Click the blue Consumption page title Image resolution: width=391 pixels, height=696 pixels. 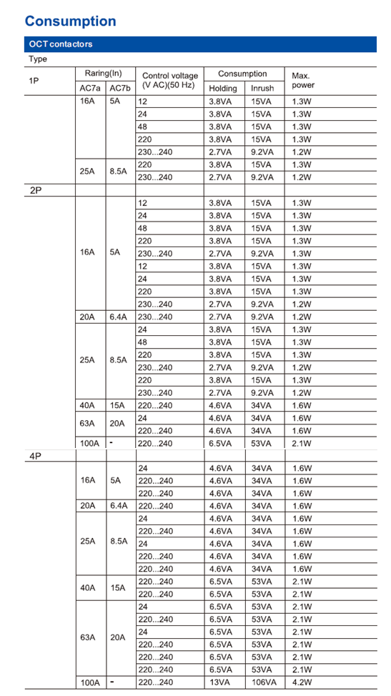pos(70,21)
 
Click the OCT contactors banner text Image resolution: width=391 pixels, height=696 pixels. pos(61,44)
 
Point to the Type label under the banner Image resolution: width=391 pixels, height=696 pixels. pos(38,59)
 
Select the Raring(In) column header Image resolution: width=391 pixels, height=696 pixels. pos(104,74)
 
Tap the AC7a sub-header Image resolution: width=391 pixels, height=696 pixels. pos(90,88)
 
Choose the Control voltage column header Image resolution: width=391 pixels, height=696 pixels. pos(169,80)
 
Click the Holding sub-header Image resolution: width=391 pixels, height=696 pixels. pos(222,88)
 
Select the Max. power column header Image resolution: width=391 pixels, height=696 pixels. pos(302,80)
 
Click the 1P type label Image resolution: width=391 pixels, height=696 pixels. pos(34,81)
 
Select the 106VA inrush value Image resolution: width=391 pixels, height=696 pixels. pos(264,682)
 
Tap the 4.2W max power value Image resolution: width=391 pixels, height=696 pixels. pos(302,682)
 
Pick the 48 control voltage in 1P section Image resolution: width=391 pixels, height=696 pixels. pos(142,126)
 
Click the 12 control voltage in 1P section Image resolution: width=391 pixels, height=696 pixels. pos(142,101)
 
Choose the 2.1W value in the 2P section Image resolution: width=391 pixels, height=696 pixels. pos(302,443)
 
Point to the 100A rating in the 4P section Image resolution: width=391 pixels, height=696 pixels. pos(90,682)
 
